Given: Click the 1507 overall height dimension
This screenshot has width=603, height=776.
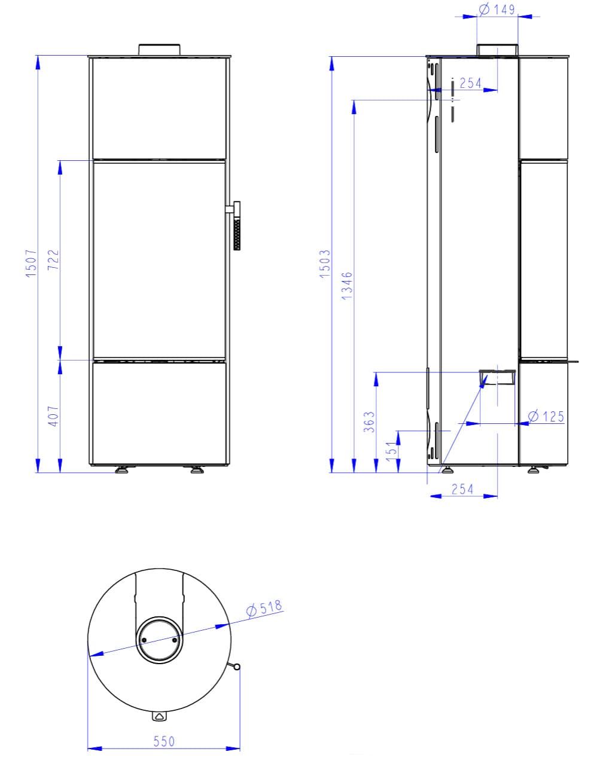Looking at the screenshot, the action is pos(31,264).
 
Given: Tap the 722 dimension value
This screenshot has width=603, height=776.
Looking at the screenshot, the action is pos(53,259).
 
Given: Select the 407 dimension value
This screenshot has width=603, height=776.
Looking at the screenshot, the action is pos(53,416).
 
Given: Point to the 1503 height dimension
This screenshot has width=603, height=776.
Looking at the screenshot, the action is pos(325,264).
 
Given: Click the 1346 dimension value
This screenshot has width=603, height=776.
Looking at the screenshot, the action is pos(347,286).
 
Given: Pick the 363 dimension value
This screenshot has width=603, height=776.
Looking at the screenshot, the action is pos(369,422).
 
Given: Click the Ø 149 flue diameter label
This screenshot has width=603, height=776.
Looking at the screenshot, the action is pos(497,10).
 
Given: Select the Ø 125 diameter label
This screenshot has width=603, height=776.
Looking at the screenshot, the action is pos(546,416).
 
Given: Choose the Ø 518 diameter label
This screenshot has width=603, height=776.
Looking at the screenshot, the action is pos(264,608).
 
